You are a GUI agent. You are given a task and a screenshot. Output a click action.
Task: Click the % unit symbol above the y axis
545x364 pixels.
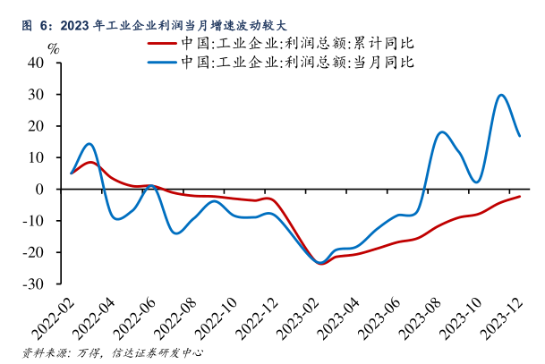[x=53, y=47]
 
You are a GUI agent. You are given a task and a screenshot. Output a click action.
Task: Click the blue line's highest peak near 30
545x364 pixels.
[x=501, y=95]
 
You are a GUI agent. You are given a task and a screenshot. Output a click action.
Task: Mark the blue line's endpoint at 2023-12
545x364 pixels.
[x=520, y=136]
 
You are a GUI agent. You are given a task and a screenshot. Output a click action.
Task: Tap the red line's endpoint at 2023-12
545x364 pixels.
[x=520, y=196]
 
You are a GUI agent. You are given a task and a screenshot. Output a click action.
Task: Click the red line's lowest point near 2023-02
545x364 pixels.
[x=320, y=264]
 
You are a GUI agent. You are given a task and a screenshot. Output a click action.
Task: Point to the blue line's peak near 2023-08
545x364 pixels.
[x=442, y=132]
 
